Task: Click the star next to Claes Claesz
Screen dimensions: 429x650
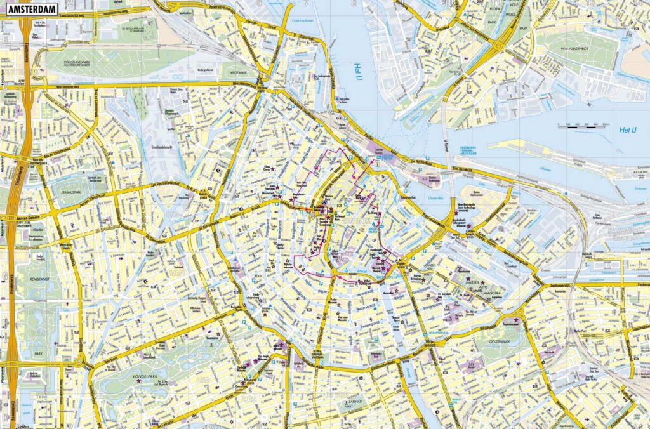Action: (274, 170)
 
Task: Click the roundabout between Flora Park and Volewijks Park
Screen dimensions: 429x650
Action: (500, 46)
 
